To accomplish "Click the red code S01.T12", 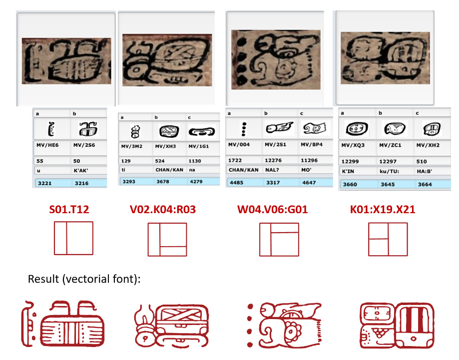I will click(x=69, y=210).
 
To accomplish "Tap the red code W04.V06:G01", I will click(x=272, y=210).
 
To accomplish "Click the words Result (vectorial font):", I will click(x=84, y=279).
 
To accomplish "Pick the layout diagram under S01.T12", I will click(x=73, y=238).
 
